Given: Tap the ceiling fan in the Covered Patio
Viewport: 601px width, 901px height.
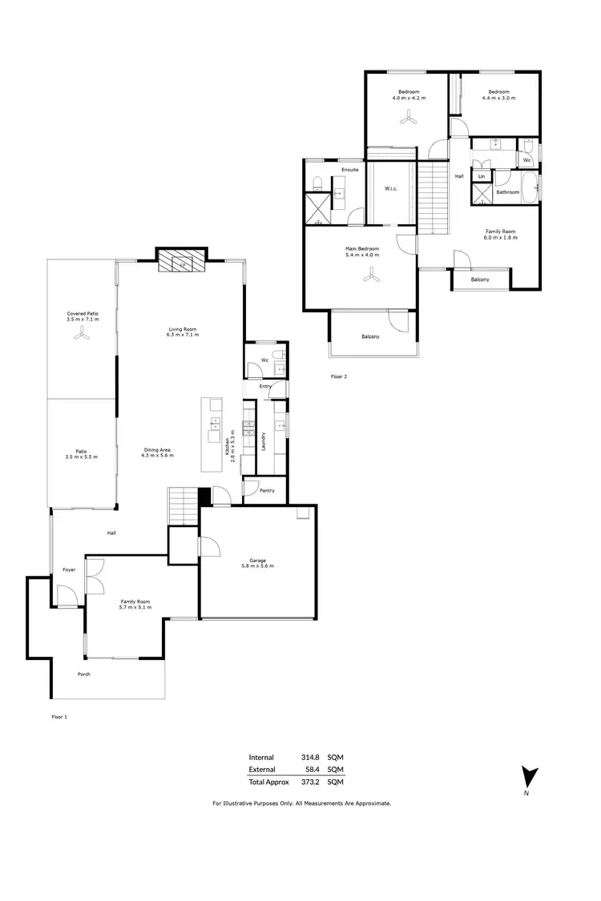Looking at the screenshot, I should click(80, 336).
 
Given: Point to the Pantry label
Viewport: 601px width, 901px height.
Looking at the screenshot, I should click(268, 492).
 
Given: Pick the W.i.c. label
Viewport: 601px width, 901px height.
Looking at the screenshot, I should click(392, 189).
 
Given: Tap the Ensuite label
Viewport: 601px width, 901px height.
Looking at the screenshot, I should click(349, 170).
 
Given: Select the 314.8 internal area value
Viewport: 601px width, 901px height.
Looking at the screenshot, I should click(310, 757).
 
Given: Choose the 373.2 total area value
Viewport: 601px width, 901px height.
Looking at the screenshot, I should click(310, 782).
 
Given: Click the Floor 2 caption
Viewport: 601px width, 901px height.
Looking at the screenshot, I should click(339, 376).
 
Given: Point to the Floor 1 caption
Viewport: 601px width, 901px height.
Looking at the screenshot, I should click(59, 718).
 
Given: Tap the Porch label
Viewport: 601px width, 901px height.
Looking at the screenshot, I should click(83, 674).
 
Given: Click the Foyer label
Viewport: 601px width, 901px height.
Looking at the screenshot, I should click(69, 570).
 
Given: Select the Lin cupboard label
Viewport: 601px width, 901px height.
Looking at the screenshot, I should click(482, 175).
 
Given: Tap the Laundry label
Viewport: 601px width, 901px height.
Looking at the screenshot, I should click(264, 440).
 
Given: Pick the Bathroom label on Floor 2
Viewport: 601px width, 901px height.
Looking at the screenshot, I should click(507, 192).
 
